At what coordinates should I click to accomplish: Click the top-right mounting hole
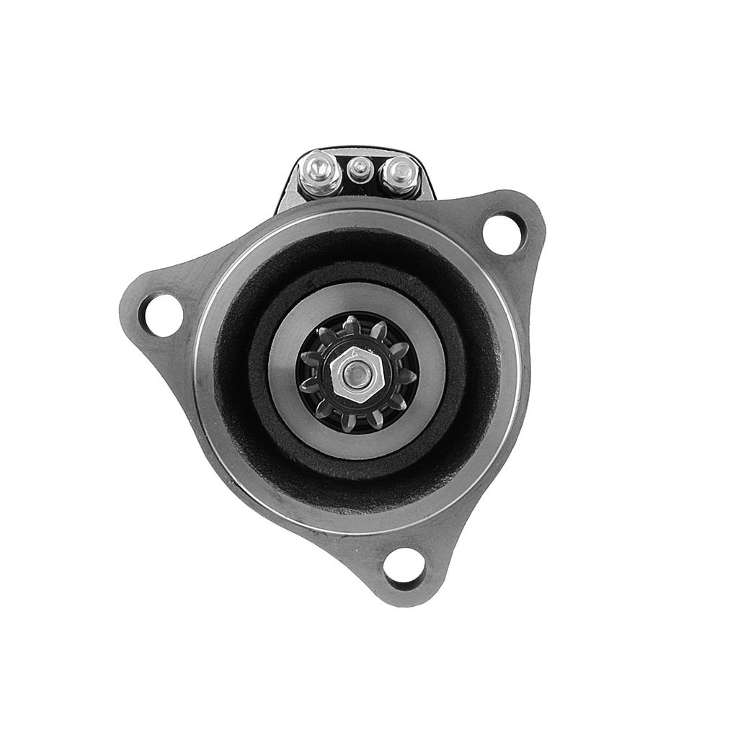(504, 234)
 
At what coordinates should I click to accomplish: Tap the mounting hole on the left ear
(162, 315)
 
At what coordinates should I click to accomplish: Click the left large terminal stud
(321, 171)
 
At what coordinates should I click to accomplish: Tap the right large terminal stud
(400, 173)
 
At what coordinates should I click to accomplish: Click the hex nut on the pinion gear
(355, 374)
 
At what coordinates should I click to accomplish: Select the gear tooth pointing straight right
(408, 376)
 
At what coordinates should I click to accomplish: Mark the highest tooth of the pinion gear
(352, 323)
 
